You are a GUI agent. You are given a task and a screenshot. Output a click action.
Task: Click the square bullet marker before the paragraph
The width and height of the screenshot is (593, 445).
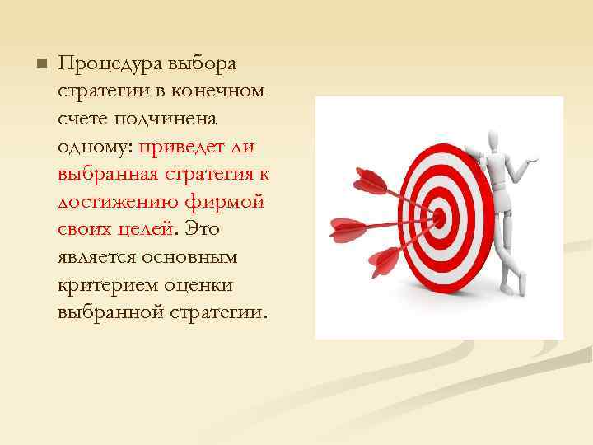[x=40, y=64]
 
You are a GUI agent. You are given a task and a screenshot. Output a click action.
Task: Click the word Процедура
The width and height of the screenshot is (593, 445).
[x=110, y=64]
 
